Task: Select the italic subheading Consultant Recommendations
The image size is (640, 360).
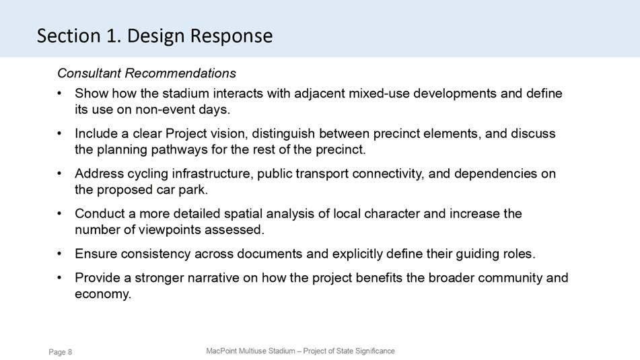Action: pos(147,73)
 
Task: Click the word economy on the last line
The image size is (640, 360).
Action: pos(103,294)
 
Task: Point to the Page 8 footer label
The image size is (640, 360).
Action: pos(61,352)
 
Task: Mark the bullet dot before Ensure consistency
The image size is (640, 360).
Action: pos(60,254)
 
